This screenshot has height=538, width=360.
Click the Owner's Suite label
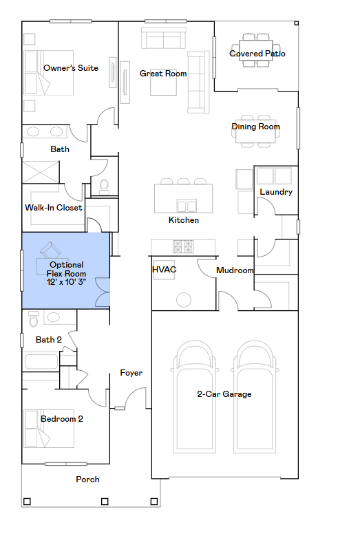(x=70, y=68)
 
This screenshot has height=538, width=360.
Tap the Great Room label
(x=163, y=74)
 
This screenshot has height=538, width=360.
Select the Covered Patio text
(x=257, y=54)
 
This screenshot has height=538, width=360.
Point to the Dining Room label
(x=255, y=127)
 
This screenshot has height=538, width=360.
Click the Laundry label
(x=275, y=192)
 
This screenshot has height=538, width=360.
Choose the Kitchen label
(x=184, y=220)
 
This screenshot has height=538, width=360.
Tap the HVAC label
(x=164, y=270)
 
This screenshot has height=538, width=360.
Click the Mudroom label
(x=235, y=270)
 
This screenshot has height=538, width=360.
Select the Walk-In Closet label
(x=54, y=208)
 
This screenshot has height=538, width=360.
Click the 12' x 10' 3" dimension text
(x=66, y=283)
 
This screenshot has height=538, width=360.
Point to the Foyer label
(x=131, y=373)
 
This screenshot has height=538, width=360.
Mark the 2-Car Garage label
(x=224, y=394)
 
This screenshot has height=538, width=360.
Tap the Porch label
(x=87, y=480)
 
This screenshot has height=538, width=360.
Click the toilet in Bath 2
(x=33, y=320)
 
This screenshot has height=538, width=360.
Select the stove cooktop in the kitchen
(x=183, y=246)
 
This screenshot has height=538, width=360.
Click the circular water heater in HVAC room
(x=183, y=300)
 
